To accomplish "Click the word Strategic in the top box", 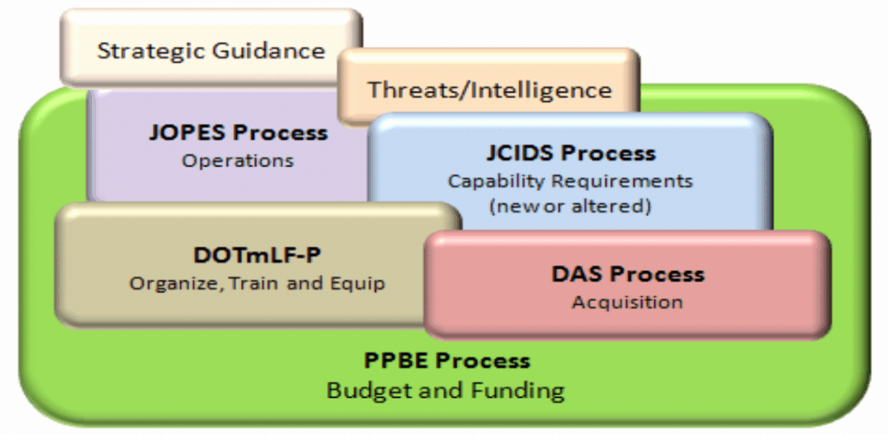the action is tap(151, 51).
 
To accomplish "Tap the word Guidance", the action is tap(269, 50).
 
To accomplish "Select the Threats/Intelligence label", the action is tap(490, 90).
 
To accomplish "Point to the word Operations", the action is tap(238, 160).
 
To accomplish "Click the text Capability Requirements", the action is tap(571, 182).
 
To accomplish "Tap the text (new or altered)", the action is tap(571, 206).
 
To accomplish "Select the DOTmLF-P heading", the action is tap(257, 255).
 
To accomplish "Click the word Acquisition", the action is tap(627, 302).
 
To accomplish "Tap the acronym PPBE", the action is tap(395, 360).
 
